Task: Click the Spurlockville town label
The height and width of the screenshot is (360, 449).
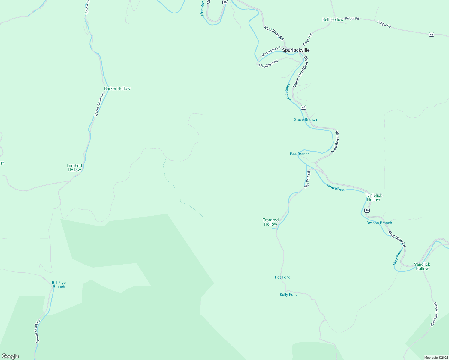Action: (x=296, y=50)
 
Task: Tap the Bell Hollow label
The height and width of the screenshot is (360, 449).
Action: (x=333, y=19)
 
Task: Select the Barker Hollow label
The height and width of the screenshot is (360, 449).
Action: (x=117, y=88)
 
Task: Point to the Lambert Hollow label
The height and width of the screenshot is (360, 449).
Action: (x=74, y=168)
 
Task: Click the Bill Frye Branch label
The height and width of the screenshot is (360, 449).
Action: (x=59, y=285)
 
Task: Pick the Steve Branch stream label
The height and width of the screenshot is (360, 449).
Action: (x=305, y=119)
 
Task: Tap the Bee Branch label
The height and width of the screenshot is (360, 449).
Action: (x=300, y=154)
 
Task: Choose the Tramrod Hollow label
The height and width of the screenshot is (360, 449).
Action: (x=270, y=222)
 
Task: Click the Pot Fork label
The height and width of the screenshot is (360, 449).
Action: (x=282, y=277)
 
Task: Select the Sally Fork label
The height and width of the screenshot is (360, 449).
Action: (x=288, y=295)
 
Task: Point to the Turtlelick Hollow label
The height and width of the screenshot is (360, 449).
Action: (x=373, y=197)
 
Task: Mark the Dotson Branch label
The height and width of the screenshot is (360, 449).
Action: (x=379, y=223)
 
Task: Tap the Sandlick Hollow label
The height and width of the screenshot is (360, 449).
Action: (x=422, y=266)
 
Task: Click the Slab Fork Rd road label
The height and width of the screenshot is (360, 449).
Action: (x=307, y=180)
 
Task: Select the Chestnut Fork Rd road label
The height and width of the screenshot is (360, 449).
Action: (x=435, y=314)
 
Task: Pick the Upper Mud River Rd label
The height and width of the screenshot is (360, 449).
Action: (x=300, y=72)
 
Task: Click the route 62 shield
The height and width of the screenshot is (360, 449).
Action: (x=431, y=34)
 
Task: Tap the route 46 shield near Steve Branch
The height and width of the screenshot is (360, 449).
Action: (x=303, y=107)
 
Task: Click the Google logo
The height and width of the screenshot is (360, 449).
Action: (x=10, y=356)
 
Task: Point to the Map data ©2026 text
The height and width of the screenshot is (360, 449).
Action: (x=436, y=358)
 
